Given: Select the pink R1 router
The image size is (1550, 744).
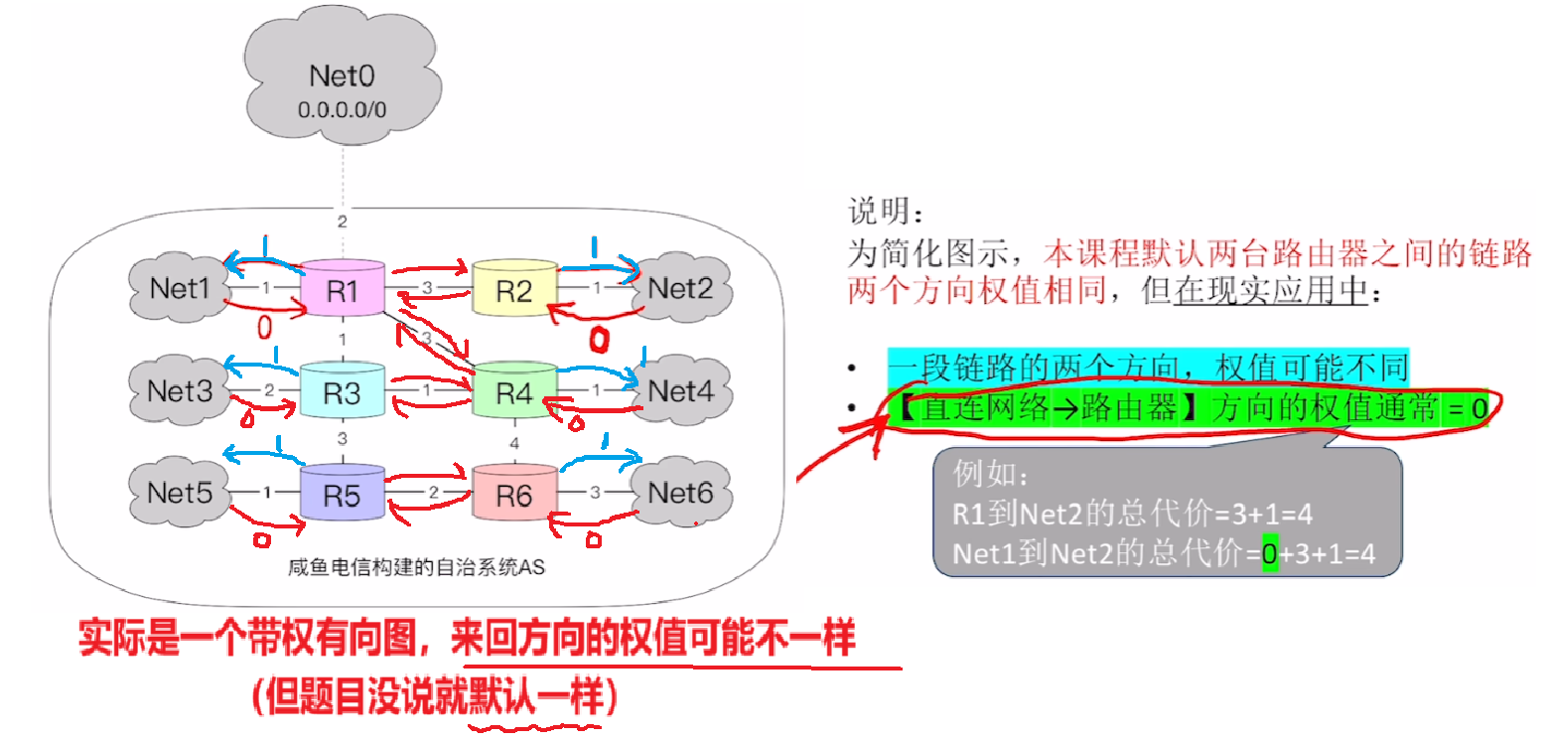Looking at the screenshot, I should tap(343, 289).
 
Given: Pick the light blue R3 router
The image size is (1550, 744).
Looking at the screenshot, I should tap(343, 391).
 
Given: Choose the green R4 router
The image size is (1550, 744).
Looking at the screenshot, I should tap(514, 391).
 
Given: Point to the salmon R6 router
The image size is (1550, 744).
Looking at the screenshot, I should tap(514, 495).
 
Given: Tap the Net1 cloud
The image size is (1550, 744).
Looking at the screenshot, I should tap(180, 289).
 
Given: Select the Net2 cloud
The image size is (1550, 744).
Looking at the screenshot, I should tap(680, 289).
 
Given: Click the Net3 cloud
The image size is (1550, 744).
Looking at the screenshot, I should tap(180, 391).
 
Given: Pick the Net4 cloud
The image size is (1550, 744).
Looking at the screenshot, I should tap(680, 391).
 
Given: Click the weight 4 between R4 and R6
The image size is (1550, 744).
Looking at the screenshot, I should tap(514, 441).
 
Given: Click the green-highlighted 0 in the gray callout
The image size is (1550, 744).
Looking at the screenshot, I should tap(1268, 554).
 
